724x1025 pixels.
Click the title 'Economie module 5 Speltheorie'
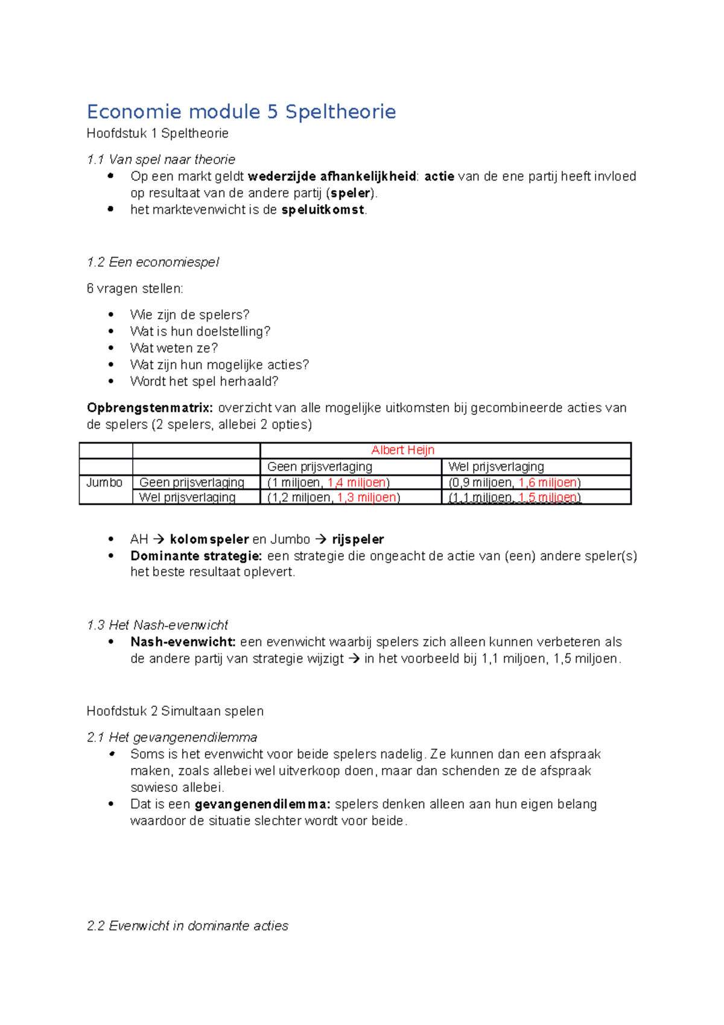(241, 112)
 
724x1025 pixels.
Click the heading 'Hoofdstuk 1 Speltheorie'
(157, 133)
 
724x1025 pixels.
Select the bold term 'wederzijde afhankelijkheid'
(332, 176)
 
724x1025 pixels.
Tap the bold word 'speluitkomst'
(323, 209)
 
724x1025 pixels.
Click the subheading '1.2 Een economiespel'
(153, 262)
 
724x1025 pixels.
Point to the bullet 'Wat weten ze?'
(174, 348)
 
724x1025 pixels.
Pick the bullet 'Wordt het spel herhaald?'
(204, 382)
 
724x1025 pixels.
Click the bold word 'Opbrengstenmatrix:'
(150, 408)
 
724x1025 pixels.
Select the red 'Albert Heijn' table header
(402, 450)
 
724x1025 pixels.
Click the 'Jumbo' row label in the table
(104, 482)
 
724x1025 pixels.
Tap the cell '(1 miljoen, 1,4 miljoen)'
(328, 482)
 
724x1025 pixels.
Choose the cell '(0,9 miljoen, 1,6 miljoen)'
(514, 482)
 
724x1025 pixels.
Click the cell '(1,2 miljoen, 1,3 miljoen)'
(333, 497)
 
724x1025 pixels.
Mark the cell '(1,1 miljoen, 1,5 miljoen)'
(514, 497)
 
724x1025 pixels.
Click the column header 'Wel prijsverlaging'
(496, 467)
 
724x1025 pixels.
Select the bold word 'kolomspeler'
(209, 539)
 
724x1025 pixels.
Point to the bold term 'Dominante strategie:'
(196, 556)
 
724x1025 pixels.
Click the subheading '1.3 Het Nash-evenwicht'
(157, 625)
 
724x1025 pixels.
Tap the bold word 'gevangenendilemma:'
(262, 804)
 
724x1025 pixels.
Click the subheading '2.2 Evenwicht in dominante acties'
(188, 926)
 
